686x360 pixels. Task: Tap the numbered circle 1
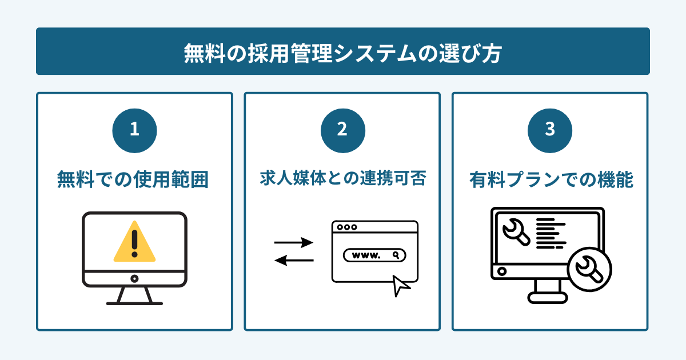click(134, 130)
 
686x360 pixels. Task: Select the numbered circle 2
click(342, 130)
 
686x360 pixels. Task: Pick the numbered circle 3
click(549, 130)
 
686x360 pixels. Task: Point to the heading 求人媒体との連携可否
click(342, 180)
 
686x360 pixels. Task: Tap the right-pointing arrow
click(294, 243)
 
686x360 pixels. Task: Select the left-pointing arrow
click(294, 261)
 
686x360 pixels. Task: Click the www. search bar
click(374, 255)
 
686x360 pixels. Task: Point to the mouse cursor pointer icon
click(401, 286)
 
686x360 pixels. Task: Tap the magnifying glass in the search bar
click(395, 255)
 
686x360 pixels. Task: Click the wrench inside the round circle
click(589, 269)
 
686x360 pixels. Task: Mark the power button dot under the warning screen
click(134, 278)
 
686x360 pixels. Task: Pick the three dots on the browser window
click(347, 227)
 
